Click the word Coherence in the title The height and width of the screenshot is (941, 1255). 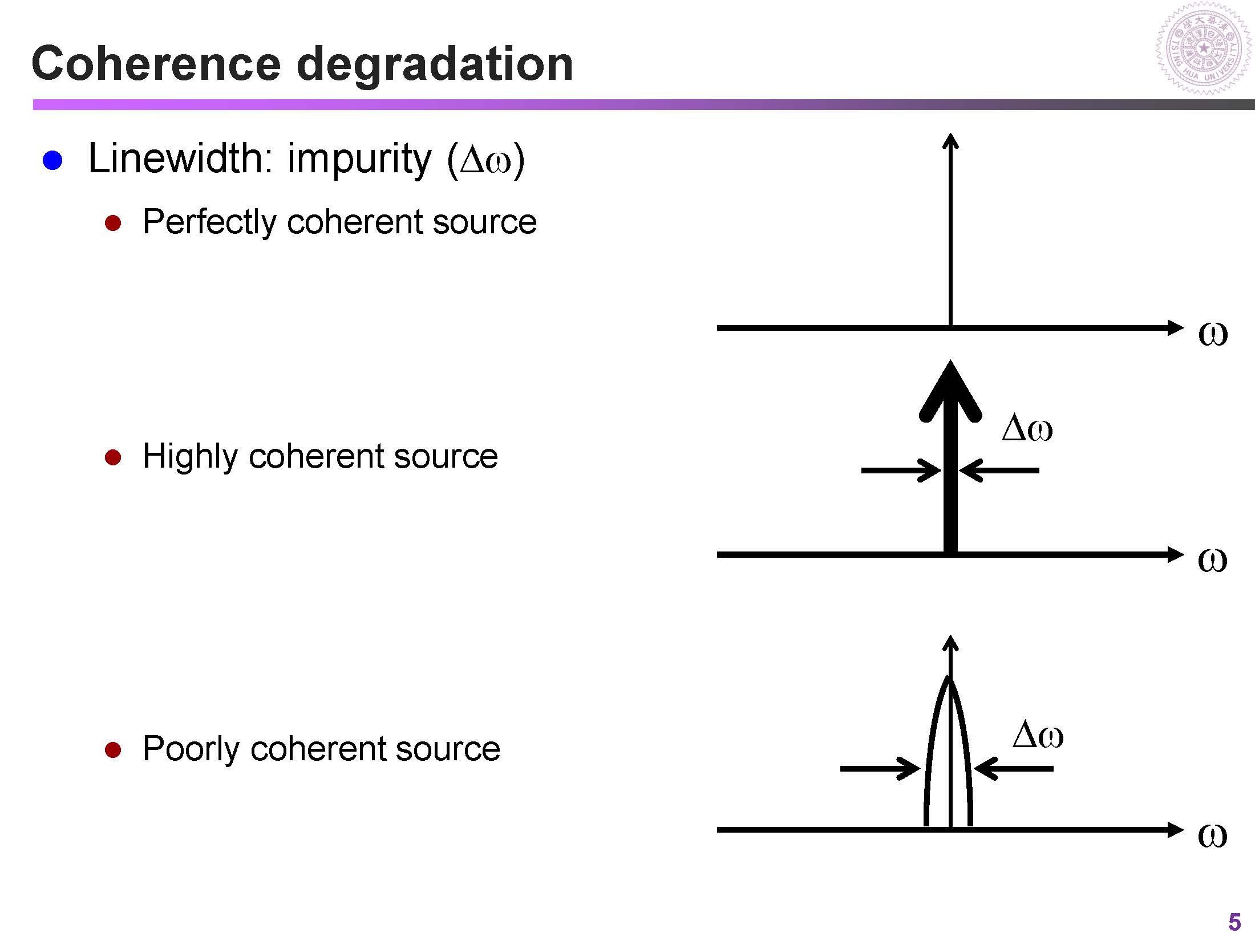coord(156,63)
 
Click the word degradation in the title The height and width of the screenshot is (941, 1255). coord(435,64)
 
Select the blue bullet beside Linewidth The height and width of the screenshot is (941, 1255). coord(52,161)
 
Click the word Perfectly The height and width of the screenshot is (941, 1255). coord(209,222)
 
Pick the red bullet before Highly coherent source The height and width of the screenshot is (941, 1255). coord(113,457)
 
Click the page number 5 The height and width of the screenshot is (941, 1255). coord(1234,922)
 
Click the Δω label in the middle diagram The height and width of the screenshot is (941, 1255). coord(1027,429)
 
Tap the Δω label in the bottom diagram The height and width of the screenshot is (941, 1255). coord(1038,736)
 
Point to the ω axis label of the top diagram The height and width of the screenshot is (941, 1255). coord(1213,334)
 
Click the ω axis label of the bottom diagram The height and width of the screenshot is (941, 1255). coord(1212,836)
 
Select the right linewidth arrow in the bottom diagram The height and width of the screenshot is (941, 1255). coord(1014,769)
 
